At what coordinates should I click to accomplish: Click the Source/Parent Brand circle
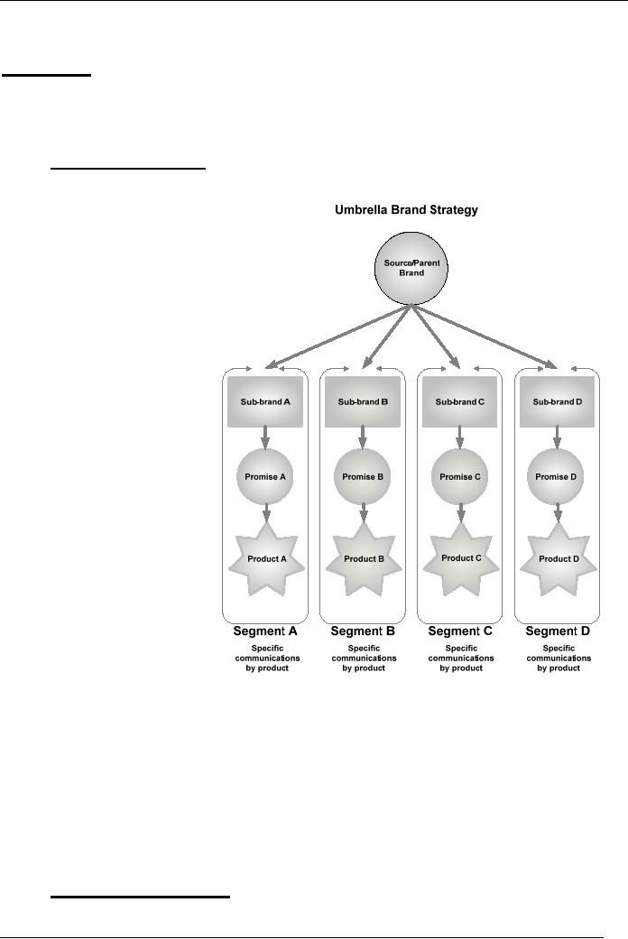[411, 268]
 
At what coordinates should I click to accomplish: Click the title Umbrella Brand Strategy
[406, 209]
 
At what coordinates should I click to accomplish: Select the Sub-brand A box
[265, 401]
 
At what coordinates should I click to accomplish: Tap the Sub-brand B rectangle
[363, 401]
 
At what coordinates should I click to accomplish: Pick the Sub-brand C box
[459, 401]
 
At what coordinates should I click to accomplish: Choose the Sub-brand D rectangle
[558, 401]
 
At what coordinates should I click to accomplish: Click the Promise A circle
[265, 476]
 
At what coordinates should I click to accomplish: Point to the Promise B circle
[363, 476]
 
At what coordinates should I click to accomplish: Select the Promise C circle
[460, 476]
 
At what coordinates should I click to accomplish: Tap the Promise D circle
[556, 476]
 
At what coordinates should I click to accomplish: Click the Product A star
[267, 559]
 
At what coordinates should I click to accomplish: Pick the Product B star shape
[364, 559]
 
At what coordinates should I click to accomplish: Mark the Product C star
[461, 558]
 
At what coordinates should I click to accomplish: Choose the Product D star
[559, 559]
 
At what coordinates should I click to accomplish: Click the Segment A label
[265, 631]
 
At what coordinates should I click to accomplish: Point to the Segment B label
[363, 631]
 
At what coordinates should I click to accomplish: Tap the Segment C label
[460, 631]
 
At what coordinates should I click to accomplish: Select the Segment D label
[558, 631]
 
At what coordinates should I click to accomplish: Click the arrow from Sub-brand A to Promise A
[265, 437]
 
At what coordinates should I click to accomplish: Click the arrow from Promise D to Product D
[558, 513]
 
